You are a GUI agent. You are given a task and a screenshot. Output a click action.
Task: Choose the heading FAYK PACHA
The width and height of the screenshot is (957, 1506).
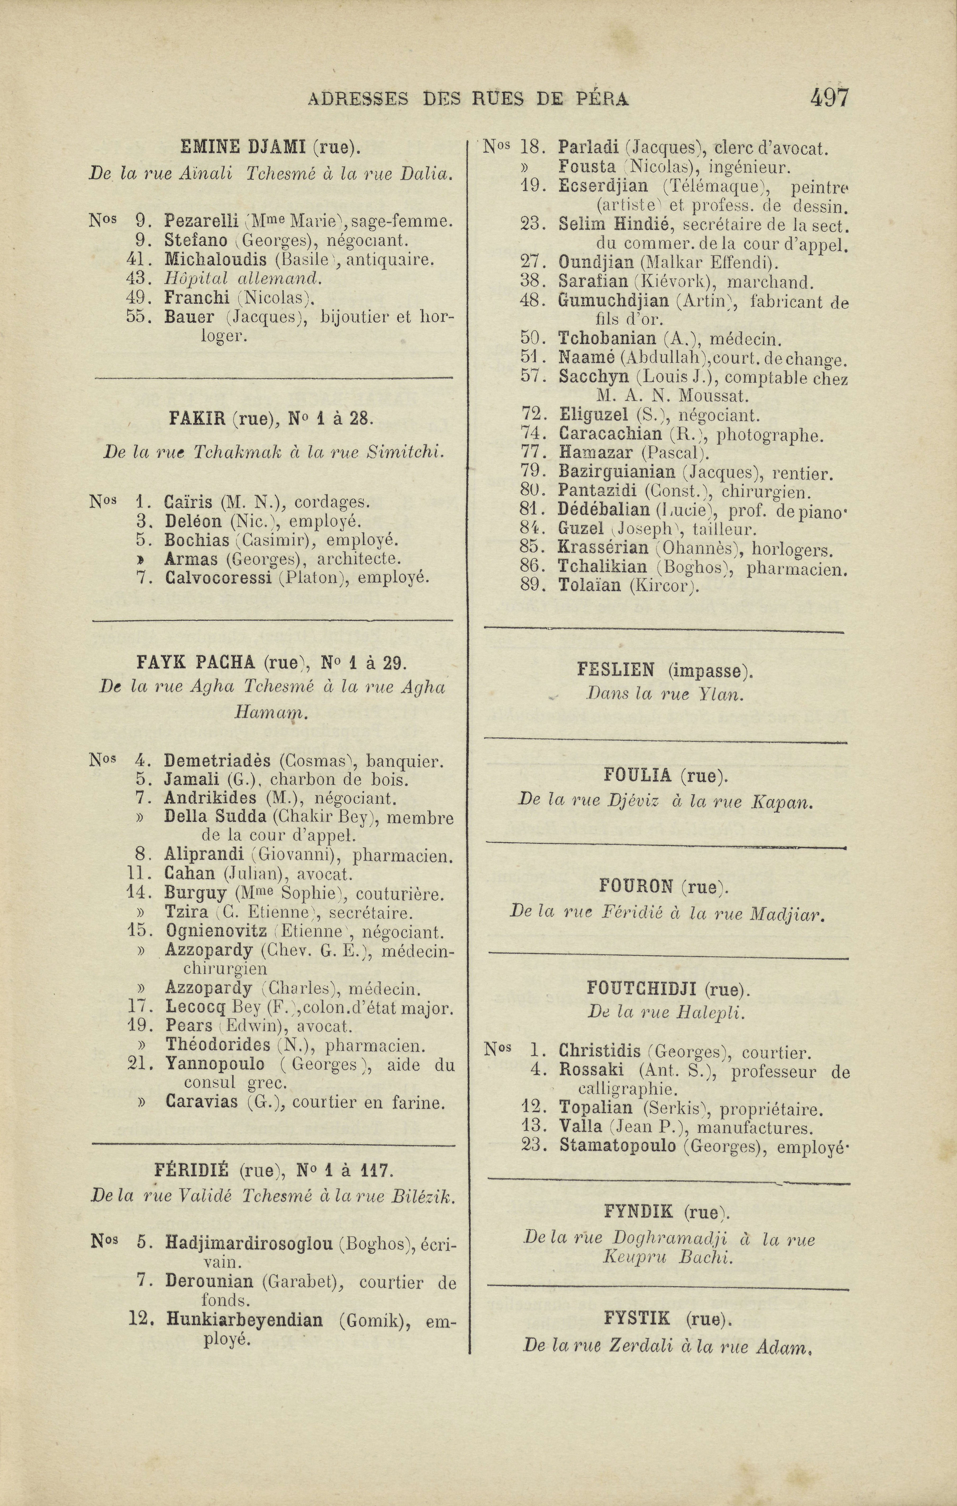point(195,662)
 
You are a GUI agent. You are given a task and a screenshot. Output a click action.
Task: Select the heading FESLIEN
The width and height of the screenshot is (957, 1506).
point(615,671)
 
